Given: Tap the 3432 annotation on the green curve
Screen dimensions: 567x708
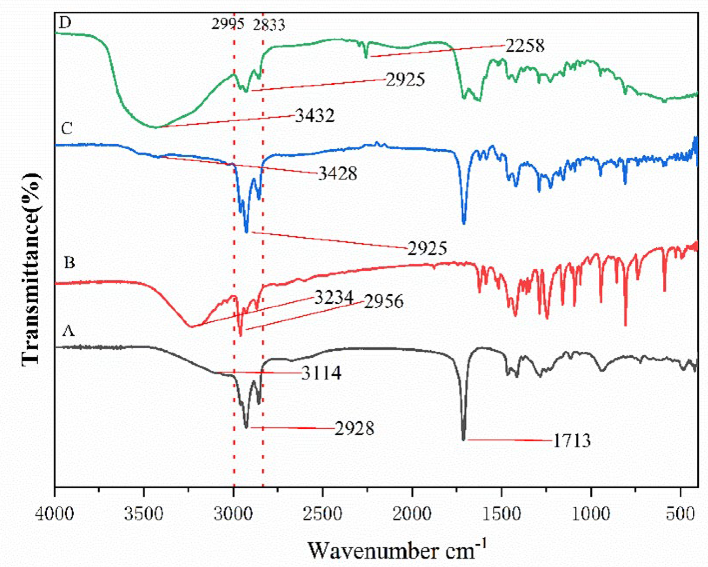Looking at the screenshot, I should (x=315, y=116).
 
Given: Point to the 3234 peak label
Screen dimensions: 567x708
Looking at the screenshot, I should (x=334, y=298).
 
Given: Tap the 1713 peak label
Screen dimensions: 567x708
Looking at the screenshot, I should (x=572, y=441).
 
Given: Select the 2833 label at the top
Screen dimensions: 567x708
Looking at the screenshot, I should (x=269, y=24).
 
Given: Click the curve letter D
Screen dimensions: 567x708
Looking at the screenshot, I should (x=65, y=23).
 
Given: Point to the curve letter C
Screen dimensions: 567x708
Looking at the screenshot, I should (x=67, y=129).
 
